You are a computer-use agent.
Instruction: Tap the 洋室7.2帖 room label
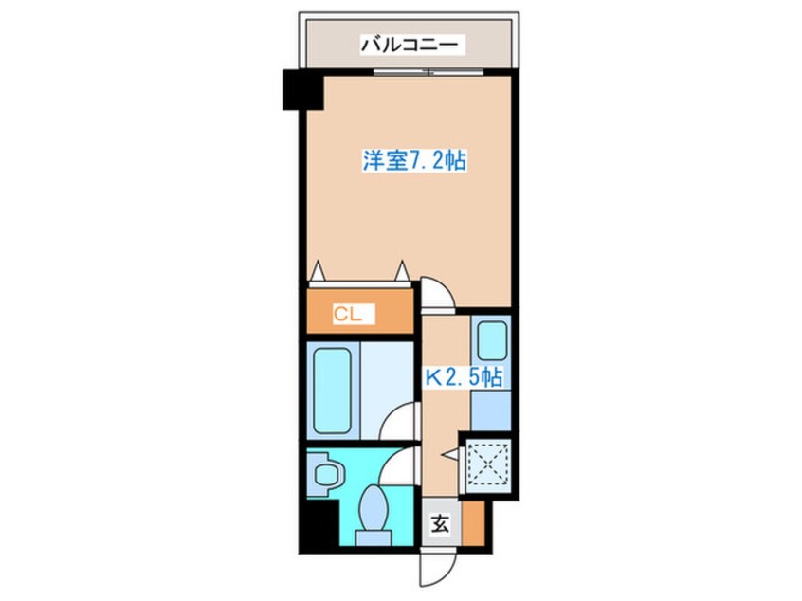tap(413, 160)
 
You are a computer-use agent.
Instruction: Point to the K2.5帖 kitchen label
tap(463, 377)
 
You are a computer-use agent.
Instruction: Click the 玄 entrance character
tap(441, 521)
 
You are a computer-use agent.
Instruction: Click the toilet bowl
tap(373, 512)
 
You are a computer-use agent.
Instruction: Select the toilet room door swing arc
tap(406, 464)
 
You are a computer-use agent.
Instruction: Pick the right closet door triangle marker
tap(402, 270)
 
